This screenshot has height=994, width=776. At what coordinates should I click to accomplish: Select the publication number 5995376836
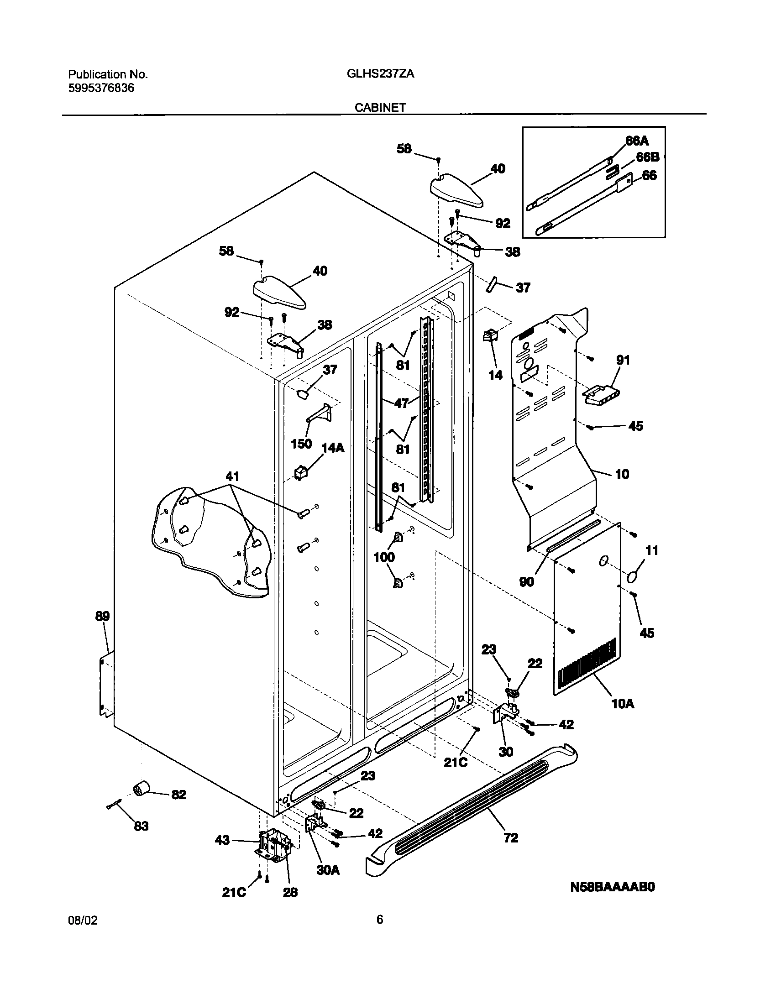point(101,88)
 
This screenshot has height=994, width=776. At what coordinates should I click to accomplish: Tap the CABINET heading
point(380,108)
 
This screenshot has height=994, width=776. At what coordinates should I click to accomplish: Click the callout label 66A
point(637,141)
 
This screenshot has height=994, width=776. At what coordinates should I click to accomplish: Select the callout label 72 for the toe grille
point(511,837)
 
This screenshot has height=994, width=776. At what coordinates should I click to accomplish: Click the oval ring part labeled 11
point(632,577)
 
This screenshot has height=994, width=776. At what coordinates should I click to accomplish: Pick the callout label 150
point(301,444)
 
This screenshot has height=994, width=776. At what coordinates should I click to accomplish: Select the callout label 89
point(102,617)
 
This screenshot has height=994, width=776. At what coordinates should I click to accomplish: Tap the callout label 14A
point(333,448)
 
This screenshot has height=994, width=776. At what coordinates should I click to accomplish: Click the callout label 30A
point(328,870)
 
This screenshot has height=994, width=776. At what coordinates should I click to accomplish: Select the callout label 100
point(384,557)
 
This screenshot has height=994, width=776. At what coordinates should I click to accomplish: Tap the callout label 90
point(527,582)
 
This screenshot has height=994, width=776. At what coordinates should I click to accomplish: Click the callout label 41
point(232,477)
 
